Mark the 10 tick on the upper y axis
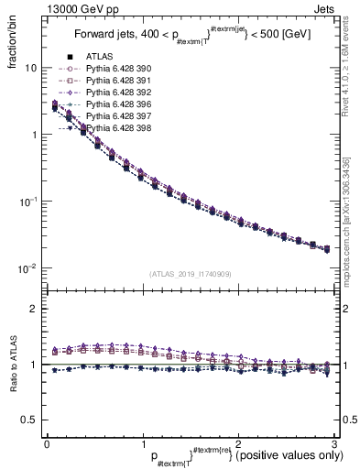(30, 68)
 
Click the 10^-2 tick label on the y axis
(27, 268)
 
